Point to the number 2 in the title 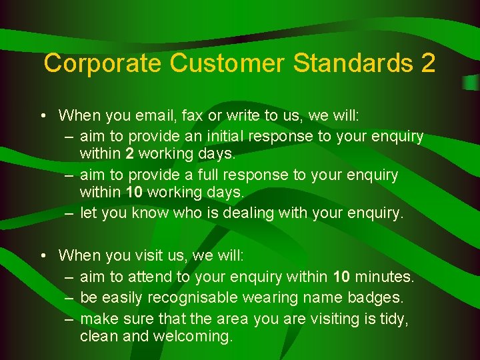428,63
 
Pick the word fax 192,115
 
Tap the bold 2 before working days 129,154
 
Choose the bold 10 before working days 134,193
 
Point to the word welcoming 193,337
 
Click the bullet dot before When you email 42,116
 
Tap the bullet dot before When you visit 42,256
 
